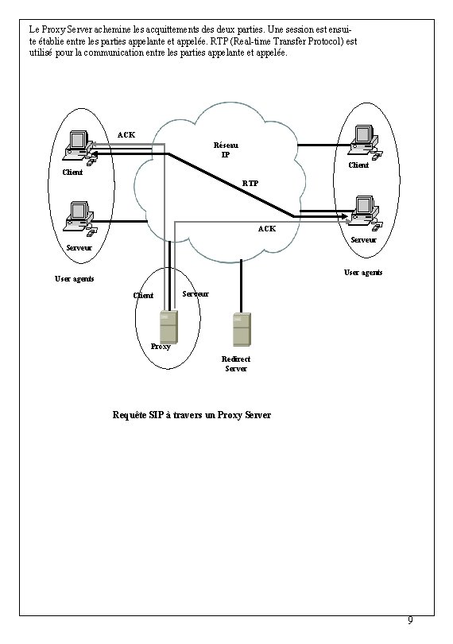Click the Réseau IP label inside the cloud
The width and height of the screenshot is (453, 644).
(x=226, y=149)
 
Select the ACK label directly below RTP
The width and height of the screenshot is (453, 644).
(x=267, y=229)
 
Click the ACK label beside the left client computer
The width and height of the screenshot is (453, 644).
(x=126, y=134)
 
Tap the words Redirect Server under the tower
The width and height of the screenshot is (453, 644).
(x=236, y=364)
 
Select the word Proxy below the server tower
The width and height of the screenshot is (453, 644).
(x=161, y=347)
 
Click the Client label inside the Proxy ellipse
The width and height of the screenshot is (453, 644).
(x=143, y=296)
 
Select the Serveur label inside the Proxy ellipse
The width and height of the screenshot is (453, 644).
(x=196, y=294)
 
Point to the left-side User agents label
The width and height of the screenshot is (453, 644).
(x=74, y=279)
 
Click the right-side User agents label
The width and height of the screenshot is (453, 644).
(x=362, y=272)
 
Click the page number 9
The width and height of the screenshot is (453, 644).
(x=410, y=620)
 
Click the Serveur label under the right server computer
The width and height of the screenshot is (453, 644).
(x=363, y=239)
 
